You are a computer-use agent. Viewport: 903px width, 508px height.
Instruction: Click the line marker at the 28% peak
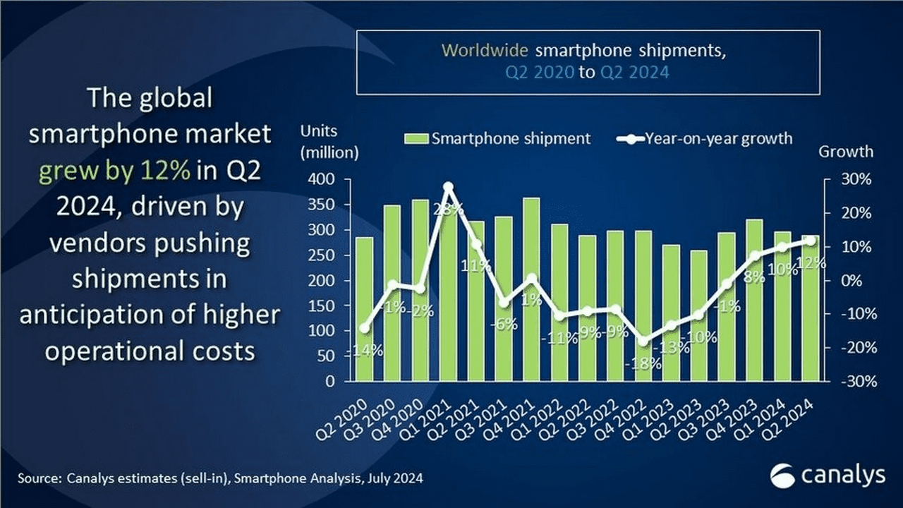pyautogui.click(x=448, y=187)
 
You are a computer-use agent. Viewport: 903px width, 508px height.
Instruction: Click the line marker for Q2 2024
pyautogui.click(x=810, y=241)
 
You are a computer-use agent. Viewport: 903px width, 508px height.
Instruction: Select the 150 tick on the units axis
pyautogui.click(x=327, y=306)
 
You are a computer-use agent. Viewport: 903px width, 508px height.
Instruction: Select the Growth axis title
pyautogui.click(x=845, y=152)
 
